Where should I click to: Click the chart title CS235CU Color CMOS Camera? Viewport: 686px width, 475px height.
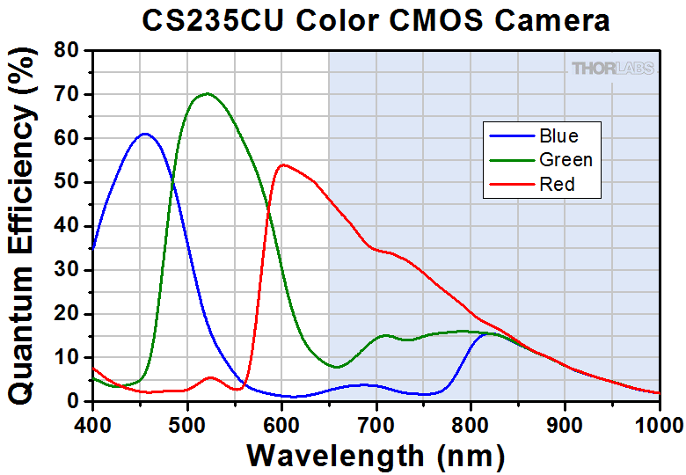376,21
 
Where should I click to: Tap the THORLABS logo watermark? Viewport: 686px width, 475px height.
612,68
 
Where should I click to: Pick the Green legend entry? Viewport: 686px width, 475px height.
566,160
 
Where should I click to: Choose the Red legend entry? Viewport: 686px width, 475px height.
557,185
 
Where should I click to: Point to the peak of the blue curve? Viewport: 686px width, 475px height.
144,134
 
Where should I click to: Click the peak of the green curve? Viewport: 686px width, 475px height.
207,93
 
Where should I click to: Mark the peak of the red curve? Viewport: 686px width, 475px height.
282,164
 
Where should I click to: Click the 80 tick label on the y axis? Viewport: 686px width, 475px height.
68,51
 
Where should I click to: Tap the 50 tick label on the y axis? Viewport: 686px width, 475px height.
68,182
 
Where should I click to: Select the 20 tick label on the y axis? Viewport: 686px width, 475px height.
68,314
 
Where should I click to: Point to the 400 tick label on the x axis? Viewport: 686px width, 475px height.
92,423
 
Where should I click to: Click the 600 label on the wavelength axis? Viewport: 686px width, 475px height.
281,423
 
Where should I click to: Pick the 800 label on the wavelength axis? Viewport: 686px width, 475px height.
471,423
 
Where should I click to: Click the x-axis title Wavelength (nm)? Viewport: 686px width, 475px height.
376,456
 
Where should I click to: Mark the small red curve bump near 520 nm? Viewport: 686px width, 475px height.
209,378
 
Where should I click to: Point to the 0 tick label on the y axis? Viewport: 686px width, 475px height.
75,402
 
